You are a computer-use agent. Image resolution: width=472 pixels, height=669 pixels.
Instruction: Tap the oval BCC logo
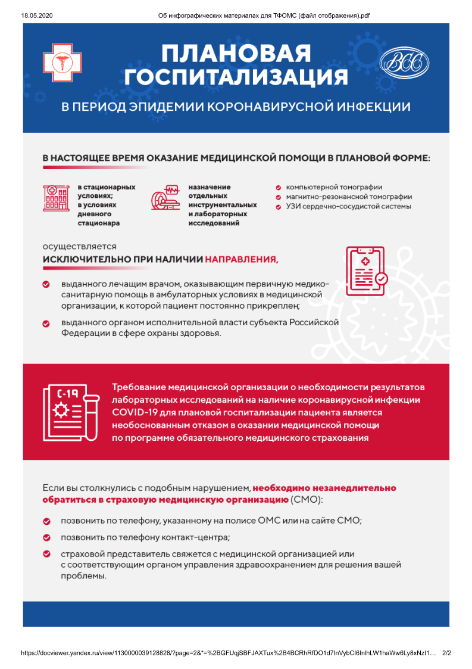(x=404, y=63)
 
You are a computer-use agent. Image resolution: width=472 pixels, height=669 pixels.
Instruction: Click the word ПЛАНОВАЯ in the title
(x=236, y=55)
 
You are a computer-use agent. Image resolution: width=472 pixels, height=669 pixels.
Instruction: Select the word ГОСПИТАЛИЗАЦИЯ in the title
(x=236, y=77)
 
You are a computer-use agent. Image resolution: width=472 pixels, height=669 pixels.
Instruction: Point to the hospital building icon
(x=56, y=198)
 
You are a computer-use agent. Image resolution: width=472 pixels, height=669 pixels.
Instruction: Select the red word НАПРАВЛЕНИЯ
(x=241, y=260)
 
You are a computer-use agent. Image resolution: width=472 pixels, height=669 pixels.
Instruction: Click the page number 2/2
(x=446, y=653)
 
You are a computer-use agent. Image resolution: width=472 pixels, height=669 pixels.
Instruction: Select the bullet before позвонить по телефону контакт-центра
(x=46, y=537)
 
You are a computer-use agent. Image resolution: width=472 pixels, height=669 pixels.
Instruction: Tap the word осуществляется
(x=79, y=246)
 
